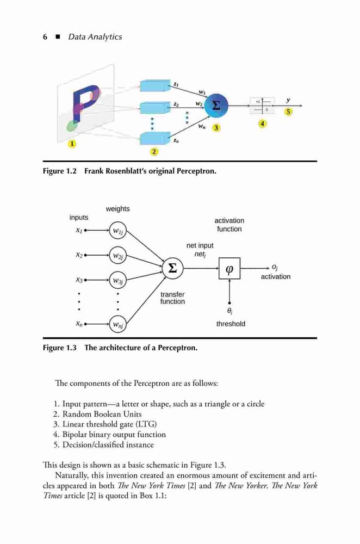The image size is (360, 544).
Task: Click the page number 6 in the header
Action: click(45, 37)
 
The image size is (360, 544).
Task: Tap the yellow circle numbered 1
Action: click(72, 144)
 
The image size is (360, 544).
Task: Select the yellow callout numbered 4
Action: click(263, 123)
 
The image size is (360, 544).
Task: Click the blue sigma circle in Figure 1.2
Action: click(216, 106)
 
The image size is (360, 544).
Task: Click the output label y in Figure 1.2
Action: click(288, 100)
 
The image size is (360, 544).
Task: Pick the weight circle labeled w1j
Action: click(118, 231)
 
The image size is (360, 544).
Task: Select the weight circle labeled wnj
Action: click(118, 324)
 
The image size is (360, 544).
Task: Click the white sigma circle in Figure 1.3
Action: click(173, 268)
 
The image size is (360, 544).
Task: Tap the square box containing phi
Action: click(229, 268)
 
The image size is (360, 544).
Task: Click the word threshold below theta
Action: click(231, 324)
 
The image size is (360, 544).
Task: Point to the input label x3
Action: click(79, 280)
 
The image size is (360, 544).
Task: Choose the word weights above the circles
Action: click(117, 209)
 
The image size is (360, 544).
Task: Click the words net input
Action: click(200, 246)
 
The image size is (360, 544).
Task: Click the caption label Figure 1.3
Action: click(60, 348)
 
